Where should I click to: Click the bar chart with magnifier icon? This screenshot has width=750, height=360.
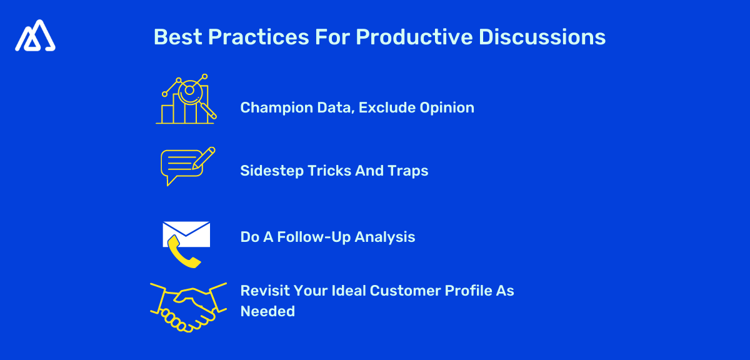(x=185, y=99)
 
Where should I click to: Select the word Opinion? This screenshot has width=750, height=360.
(x=447, y=107)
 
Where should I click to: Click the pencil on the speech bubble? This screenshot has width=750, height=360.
(x=204, y=157)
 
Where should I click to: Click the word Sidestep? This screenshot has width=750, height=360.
(x=271, y=171)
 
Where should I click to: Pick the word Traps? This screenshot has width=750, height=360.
(x=408, y=171)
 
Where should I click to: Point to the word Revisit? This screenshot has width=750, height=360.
(x=263, y=291)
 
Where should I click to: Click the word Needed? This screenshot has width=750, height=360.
(x=267, y=311)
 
